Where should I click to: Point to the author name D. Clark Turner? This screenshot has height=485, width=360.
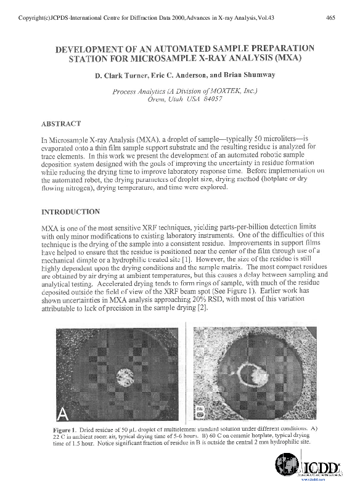pos(117,76)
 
